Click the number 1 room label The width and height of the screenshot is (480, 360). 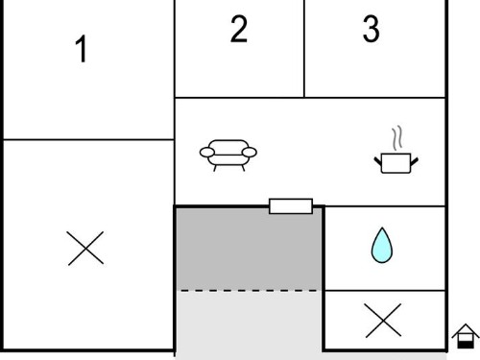82,49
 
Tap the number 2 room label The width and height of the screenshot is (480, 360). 239,29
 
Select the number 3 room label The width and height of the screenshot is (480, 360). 372,29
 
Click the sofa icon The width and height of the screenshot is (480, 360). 228,156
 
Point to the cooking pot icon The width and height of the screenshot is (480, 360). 396,163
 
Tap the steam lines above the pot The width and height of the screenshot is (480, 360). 397,138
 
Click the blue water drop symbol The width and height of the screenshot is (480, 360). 382,246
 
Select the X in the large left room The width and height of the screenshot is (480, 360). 85,249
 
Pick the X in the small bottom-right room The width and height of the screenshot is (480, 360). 383,321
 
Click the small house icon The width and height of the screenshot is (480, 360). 466,336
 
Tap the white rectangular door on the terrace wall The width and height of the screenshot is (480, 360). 291,206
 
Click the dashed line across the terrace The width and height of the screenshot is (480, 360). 249,291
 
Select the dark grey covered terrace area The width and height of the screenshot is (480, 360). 249,250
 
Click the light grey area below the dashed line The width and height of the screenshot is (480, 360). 249,324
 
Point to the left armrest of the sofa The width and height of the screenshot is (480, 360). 207,153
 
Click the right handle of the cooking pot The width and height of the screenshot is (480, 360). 414,161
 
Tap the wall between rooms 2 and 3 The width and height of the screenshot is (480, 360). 304,49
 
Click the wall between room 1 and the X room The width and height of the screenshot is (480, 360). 88,139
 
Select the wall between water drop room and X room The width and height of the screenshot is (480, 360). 385,291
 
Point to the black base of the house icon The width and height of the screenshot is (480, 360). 466,345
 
